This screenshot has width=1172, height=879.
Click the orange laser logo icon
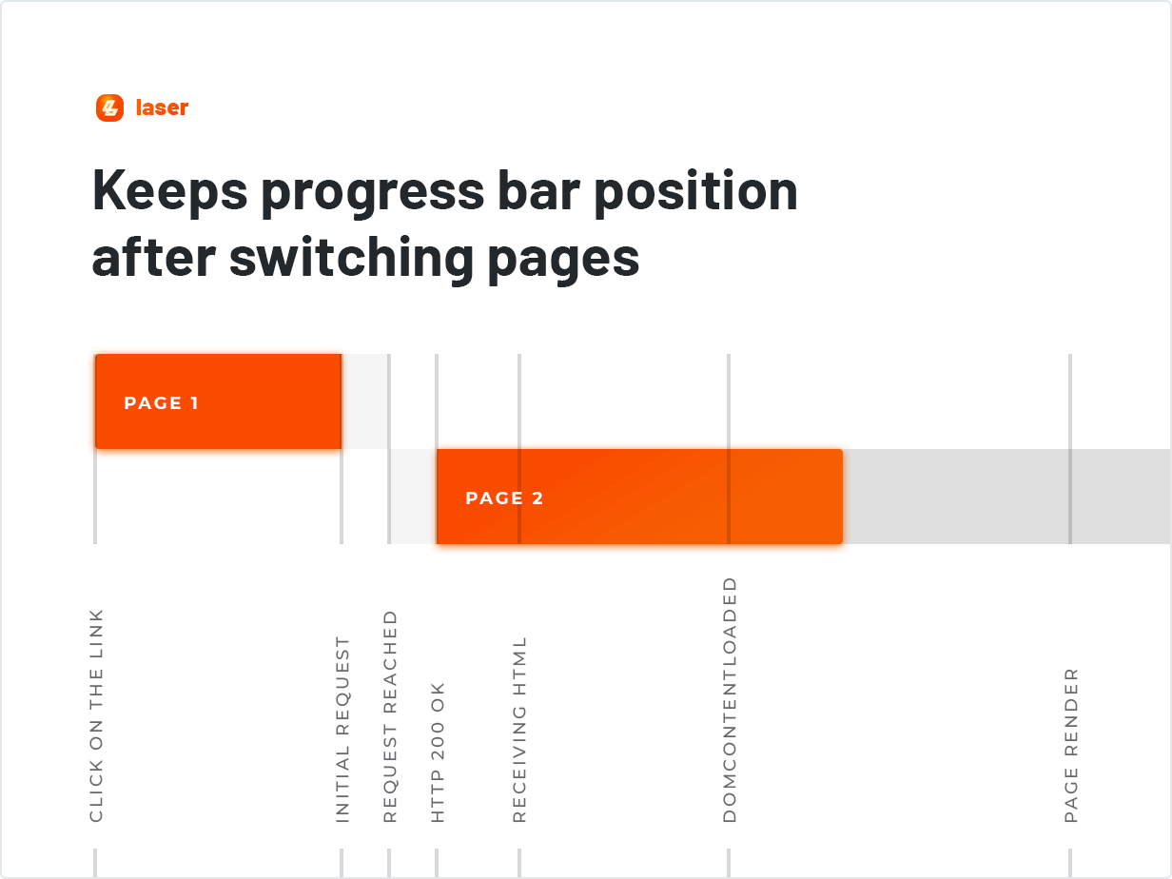point(110,107)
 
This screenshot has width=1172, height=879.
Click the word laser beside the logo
point(162,107)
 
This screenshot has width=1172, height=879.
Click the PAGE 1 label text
point(162,402)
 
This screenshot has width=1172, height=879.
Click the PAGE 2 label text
point(504,498)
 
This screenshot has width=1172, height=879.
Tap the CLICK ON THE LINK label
point(96,715)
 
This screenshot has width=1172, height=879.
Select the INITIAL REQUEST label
point(343,730)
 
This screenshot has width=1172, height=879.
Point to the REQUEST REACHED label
point(390,716)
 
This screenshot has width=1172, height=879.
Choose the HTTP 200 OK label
point(438,752)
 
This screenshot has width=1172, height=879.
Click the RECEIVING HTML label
point(519,730)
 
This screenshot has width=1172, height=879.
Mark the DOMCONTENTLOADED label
point(730,699)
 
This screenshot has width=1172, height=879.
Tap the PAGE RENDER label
point(1071,745)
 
